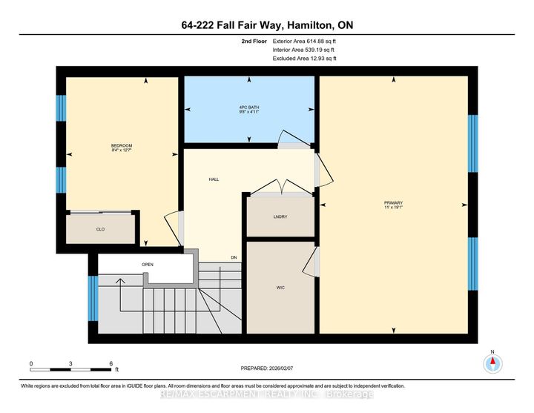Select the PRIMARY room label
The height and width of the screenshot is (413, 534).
coord(393,202)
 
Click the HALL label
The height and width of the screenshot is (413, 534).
coord(214,179)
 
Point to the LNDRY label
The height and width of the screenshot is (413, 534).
coord(280,217)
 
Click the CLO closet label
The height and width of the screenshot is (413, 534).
coord(100,229)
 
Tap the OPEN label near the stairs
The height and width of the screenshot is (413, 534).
coord(147,264)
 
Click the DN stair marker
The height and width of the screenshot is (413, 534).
coord(233,257)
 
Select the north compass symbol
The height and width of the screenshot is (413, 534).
coord(492,363)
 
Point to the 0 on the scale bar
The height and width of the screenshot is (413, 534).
coord(31,363)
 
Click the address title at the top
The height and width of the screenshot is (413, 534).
coord(267,25)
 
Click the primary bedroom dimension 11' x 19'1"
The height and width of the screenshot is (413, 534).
coord(393,207)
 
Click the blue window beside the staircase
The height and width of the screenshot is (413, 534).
coord(93,297)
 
